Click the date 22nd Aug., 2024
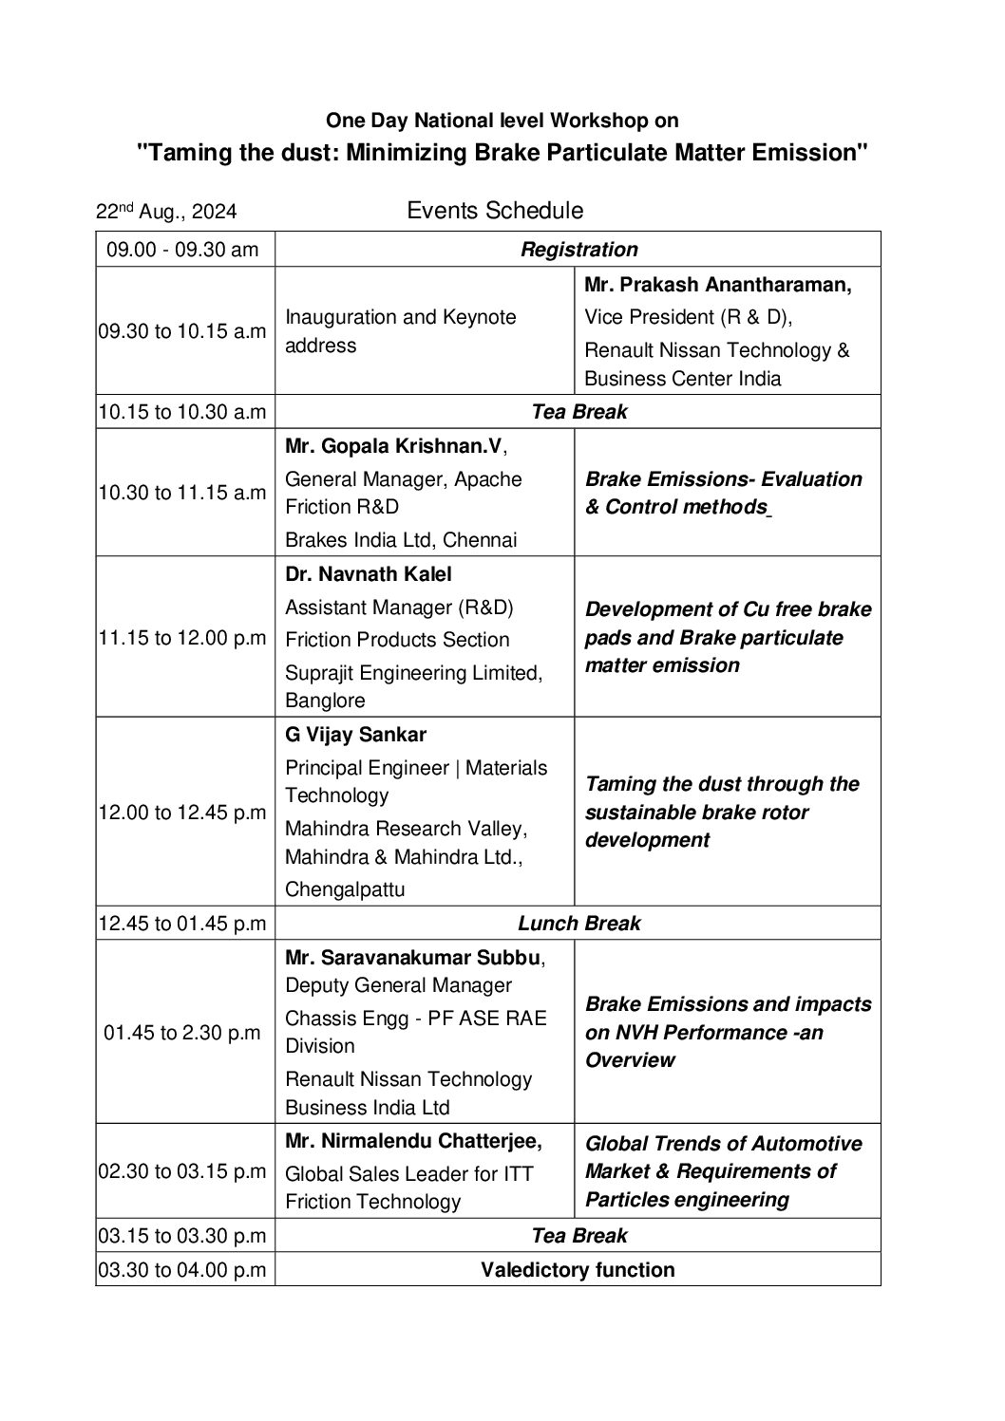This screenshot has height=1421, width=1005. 166,212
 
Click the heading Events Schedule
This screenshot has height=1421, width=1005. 495,210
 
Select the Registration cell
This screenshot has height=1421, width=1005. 578,250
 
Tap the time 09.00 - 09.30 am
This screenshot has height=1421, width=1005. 182,250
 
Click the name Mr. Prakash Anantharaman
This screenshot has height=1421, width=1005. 717,285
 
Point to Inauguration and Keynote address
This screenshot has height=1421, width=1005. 401,330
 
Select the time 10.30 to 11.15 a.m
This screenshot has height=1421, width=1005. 182,492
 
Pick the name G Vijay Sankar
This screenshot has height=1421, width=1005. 356,735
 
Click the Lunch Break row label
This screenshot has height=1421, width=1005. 578,923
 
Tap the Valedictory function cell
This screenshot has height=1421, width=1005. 578,1270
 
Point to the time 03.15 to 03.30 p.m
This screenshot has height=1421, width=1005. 182,1236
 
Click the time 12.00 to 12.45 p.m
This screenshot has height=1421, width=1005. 182,812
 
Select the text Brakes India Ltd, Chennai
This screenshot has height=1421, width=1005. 401,540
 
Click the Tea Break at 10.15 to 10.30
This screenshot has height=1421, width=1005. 578,412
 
